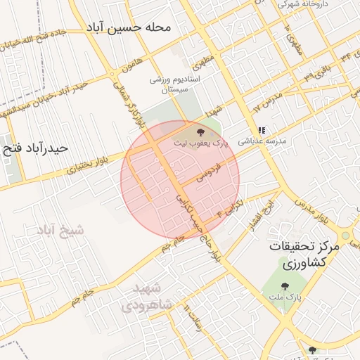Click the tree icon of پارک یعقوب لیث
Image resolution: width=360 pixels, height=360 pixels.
point(201,131)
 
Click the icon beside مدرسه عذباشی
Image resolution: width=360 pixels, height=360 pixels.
point(262,130)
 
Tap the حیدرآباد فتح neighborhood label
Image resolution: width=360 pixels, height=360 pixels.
point(36,148)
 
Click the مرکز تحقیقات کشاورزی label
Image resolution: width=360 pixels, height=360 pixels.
point(309,257)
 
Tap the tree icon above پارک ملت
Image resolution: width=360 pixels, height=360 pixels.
point(285,286)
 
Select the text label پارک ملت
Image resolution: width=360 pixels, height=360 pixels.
point(285,299)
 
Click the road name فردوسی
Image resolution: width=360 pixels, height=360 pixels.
point(210,172)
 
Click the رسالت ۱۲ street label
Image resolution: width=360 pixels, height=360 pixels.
point(195,321)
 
